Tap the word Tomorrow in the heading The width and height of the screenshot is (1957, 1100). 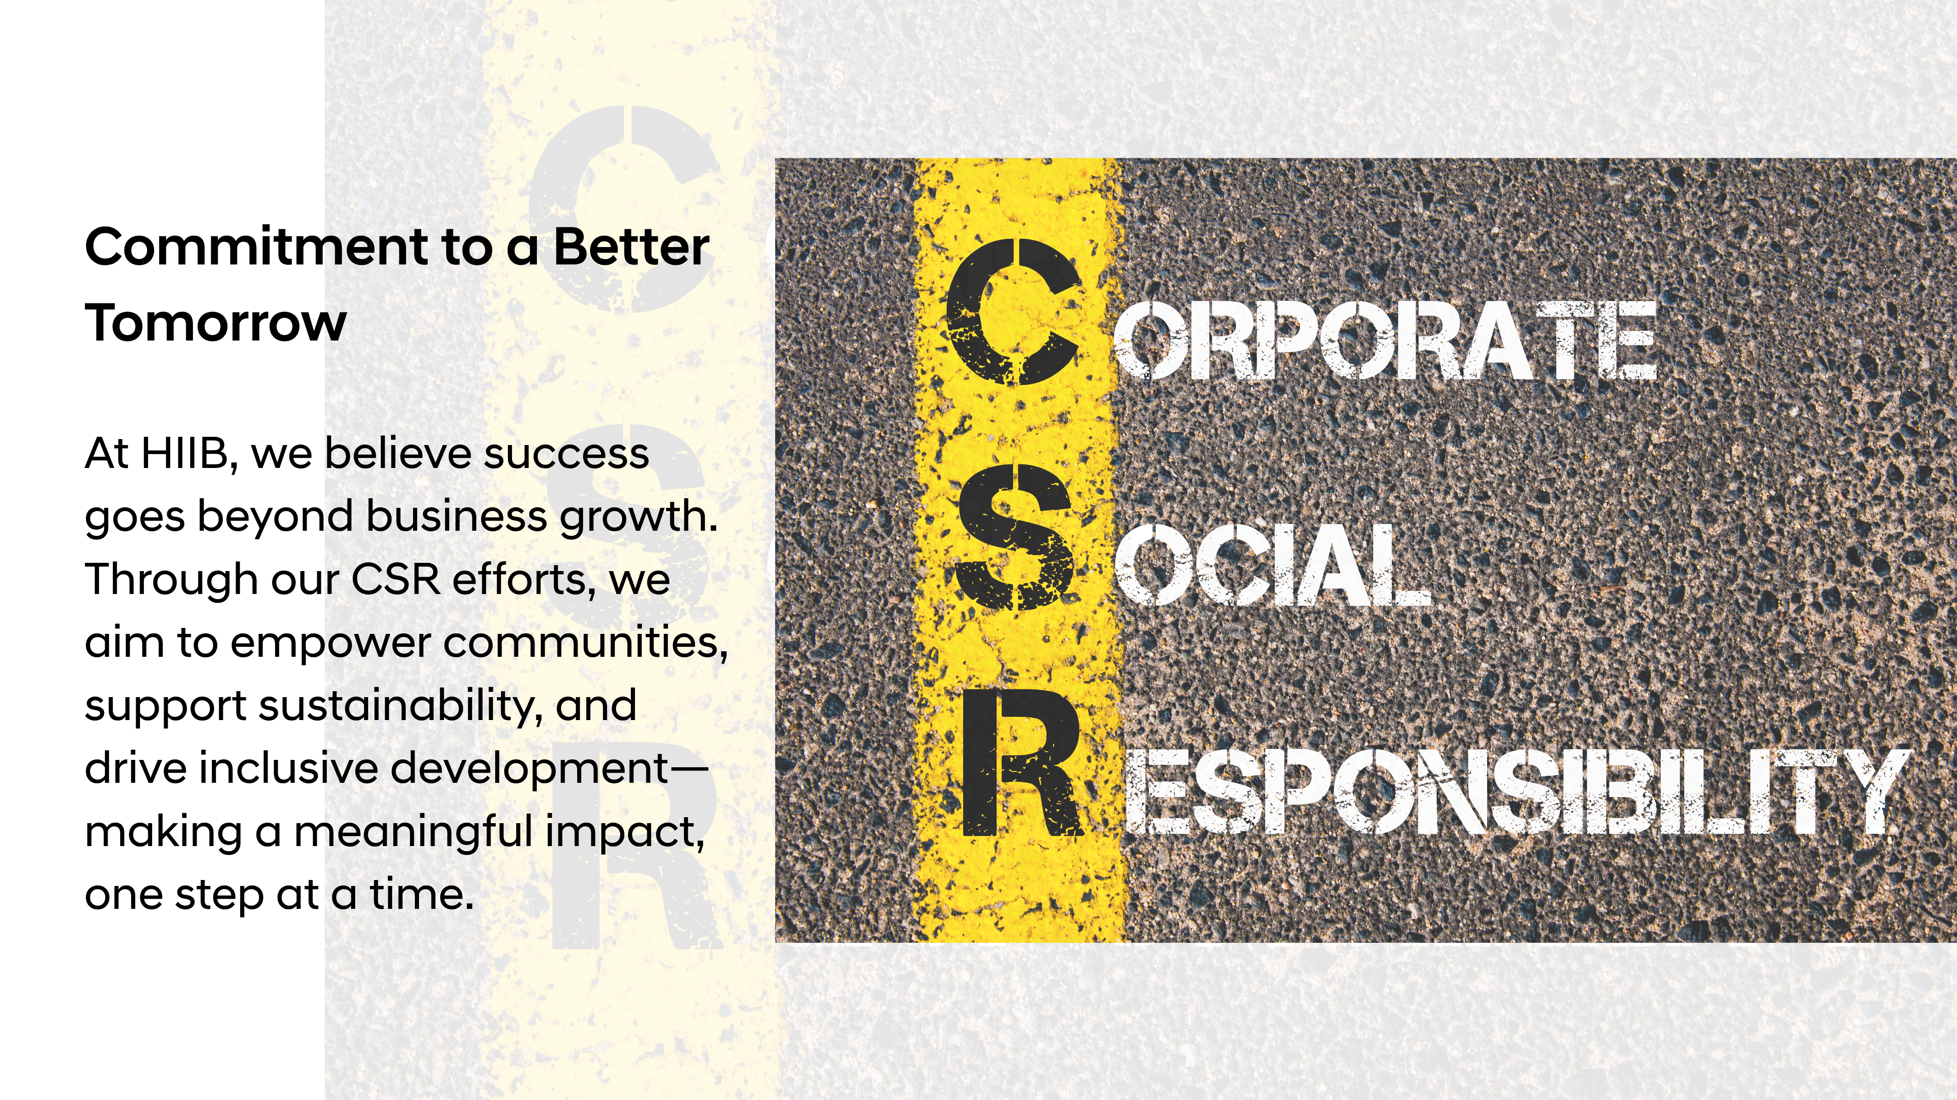tap(216, 323)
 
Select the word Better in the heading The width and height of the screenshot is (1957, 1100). tap(631, 247)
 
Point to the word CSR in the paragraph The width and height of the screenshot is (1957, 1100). tap(395, 579)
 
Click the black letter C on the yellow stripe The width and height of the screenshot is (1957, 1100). tap(1014, 312)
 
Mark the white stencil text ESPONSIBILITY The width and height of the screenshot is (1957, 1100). tap(1516, 791)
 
